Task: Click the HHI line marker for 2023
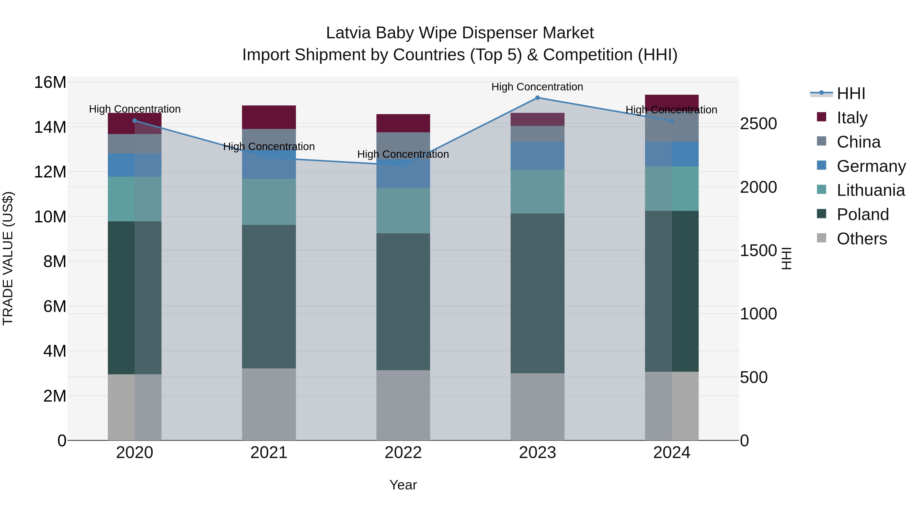coord(537,98)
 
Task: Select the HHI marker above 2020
coord(135,121)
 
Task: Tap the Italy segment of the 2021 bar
coord(269,117)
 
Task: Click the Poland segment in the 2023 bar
coord(537,293)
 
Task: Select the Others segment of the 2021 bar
coord(269,404)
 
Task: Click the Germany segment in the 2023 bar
coord(537,156)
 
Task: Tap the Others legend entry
coord(861,238)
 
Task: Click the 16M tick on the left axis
coord(50,82)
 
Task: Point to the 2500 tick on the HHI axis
coord(758,124)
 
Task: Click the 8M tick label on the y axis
coord(55,261)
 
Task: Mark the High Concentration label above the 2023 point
coord(537,87)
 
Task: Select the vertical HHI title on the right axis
coord(787,258)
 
